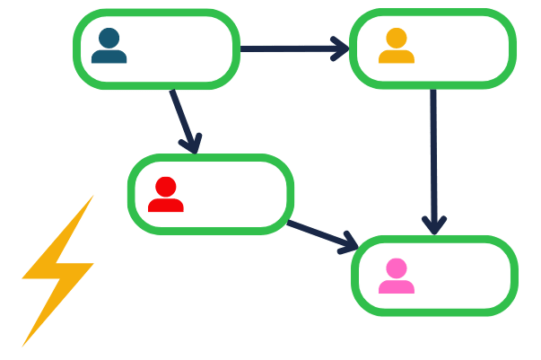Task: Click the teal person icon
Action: (109, 47)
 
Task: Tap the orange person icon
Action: (396, 47)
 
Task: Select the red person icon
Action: (166, 196)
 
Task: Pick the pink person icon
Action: (396, 277)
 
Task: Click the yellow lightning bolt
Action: (57, 269)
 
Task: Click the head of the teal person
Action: (109, 39)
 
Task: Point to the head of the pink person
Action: (396, 268)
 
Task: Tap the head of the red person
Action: (166, 187)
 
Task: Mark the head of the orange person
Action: (396, 38)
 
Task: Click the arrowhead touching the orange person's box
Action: (339, 48)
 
